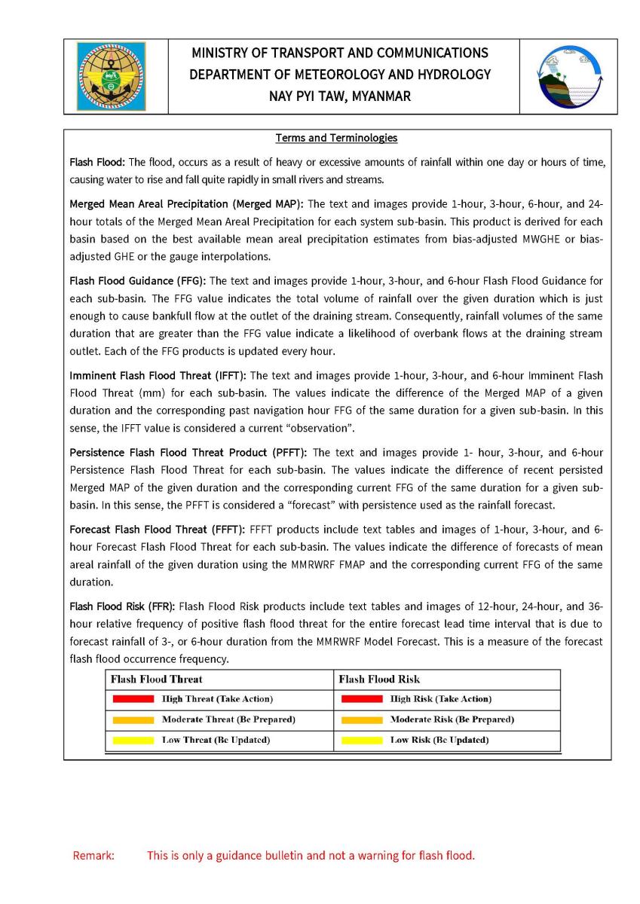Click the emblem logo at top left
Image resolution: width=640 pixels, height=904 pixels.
tap(111, 76)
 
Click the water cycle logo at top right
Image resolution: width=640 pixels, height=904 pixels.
tap(571, 76)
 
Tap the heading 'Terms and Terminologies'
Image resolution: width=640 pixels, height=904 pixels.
tap(336, 138)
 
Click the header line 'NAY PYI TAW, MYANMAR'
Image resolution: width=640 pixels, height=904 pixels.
tap(340, 96)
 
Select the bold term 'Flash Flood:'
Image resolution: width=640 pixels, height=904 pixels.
tap(97, 162)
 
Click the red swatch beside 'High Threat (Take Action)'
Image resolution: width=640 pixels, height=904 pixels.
tap(133, 699)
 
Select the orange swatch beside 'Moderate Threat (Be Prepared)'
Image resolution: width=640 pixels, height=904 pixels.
tap(133, 719)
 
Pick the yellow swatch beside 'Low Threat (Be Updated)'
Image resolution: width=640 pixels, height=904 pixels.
tap(133, 740)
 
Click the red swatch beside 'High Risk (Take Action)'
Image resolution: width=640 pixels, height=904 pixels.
tap(361, 699)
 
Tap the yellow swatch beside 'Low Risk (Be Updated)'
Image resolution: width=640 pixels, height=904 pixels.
tap(361, 740)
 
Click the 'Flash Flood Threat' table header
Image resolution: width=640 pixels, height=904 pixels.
tap(157, 679)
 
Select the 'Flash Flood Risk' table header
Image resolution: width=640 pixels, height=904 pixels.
tap(379, 679)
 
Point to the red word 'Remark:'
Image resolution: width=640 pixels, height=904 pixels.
tap(93, 856)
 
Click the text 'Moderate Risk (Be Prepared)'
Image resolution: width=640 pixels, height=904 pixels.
tap(452, 719)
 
